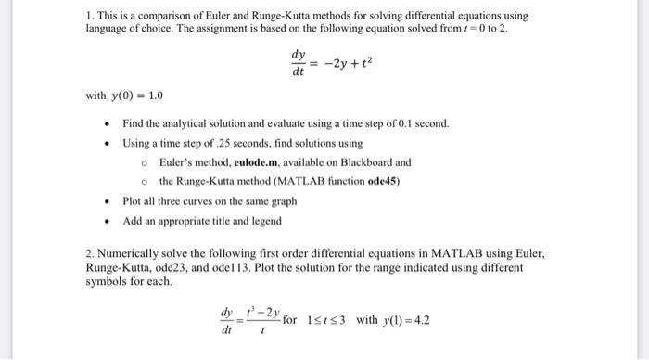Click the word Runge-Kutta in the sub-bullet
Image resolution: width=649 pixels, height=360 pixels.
[213, 180]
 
